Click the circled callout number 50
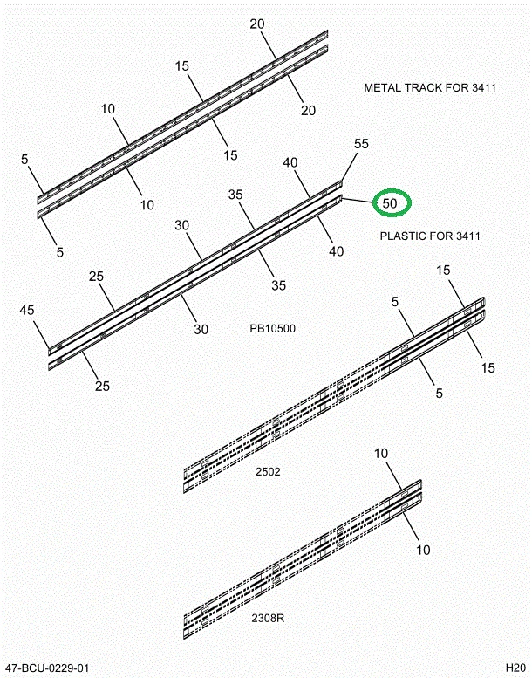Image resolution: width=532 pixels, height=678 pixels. pos(390,202)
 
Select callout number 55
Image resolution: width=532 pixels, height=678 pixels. pos(361,144)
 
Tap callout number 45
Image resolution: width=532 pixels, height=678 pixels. pos(27,310)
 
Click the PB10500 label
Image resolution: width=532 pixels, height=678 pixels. pos(273,329)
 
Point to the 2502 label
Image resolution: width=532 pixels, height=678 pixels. pos(268,471)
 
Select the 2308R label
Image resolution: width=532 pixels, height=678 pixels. pos(268,618)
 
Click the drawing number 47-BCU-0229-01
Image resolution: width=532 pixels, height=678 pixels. pos(48,668)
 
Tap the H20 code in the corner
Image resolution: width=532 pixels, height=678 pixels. pos(515,668)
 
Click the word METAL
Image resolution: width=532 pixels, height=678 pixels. pos(383,88)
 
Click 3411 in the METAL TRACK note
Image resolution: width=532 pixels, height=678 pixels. pos(484,88)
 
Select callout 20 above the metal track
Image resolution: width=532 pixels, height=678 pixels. pos(257,24)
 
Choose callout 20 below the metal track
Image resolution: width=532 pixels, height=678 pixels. pos(308,110)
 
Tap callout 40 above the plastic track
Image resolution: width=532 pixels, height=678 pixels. pos(290,162)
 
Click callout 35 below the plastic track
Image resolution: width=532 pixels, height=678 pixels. pos(279,285)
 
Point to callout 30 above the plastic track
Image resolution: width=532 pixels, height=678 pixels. pos(182,225)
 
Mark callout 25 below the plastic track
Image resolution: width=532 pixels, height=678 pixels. pos(102,387)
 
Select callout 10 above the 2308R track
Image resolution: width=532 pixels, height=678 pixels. pos(381,454)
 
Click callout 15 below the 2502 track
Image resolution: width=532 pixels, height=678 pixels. pos(488,368)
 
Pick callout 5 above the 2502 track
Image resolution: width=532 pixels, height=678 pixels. pos(395,302)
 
